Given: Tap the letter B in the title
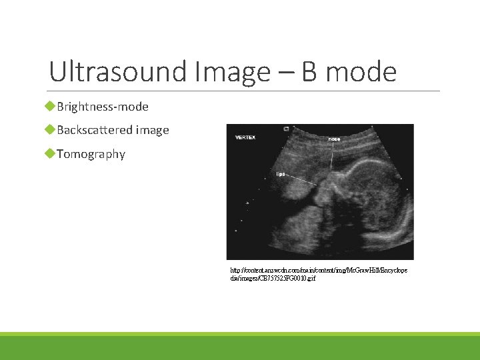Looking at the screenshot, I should (x=309, y=72).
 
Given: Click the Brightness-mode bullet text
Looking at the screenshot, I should (x=103, y=107).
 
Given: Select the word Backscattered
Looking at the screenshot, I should (x=95, y=130).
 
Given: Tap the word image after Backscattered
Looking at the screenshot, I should (x=152, y=130).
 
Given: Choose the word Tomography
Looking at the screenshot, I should (x=91, y=154).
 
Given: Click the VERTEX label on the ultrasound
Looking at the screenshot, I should (x=243, y=137).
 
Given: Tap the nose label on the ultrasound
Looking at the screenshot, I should (x=333, y=139).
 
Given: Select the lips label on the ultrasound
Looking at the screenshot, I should (x=281, y=174).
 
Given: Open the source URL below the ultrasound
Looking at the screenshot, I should (x=319, y=274).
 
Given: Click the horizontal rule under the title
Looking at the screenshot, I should (x=245, y=91).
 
